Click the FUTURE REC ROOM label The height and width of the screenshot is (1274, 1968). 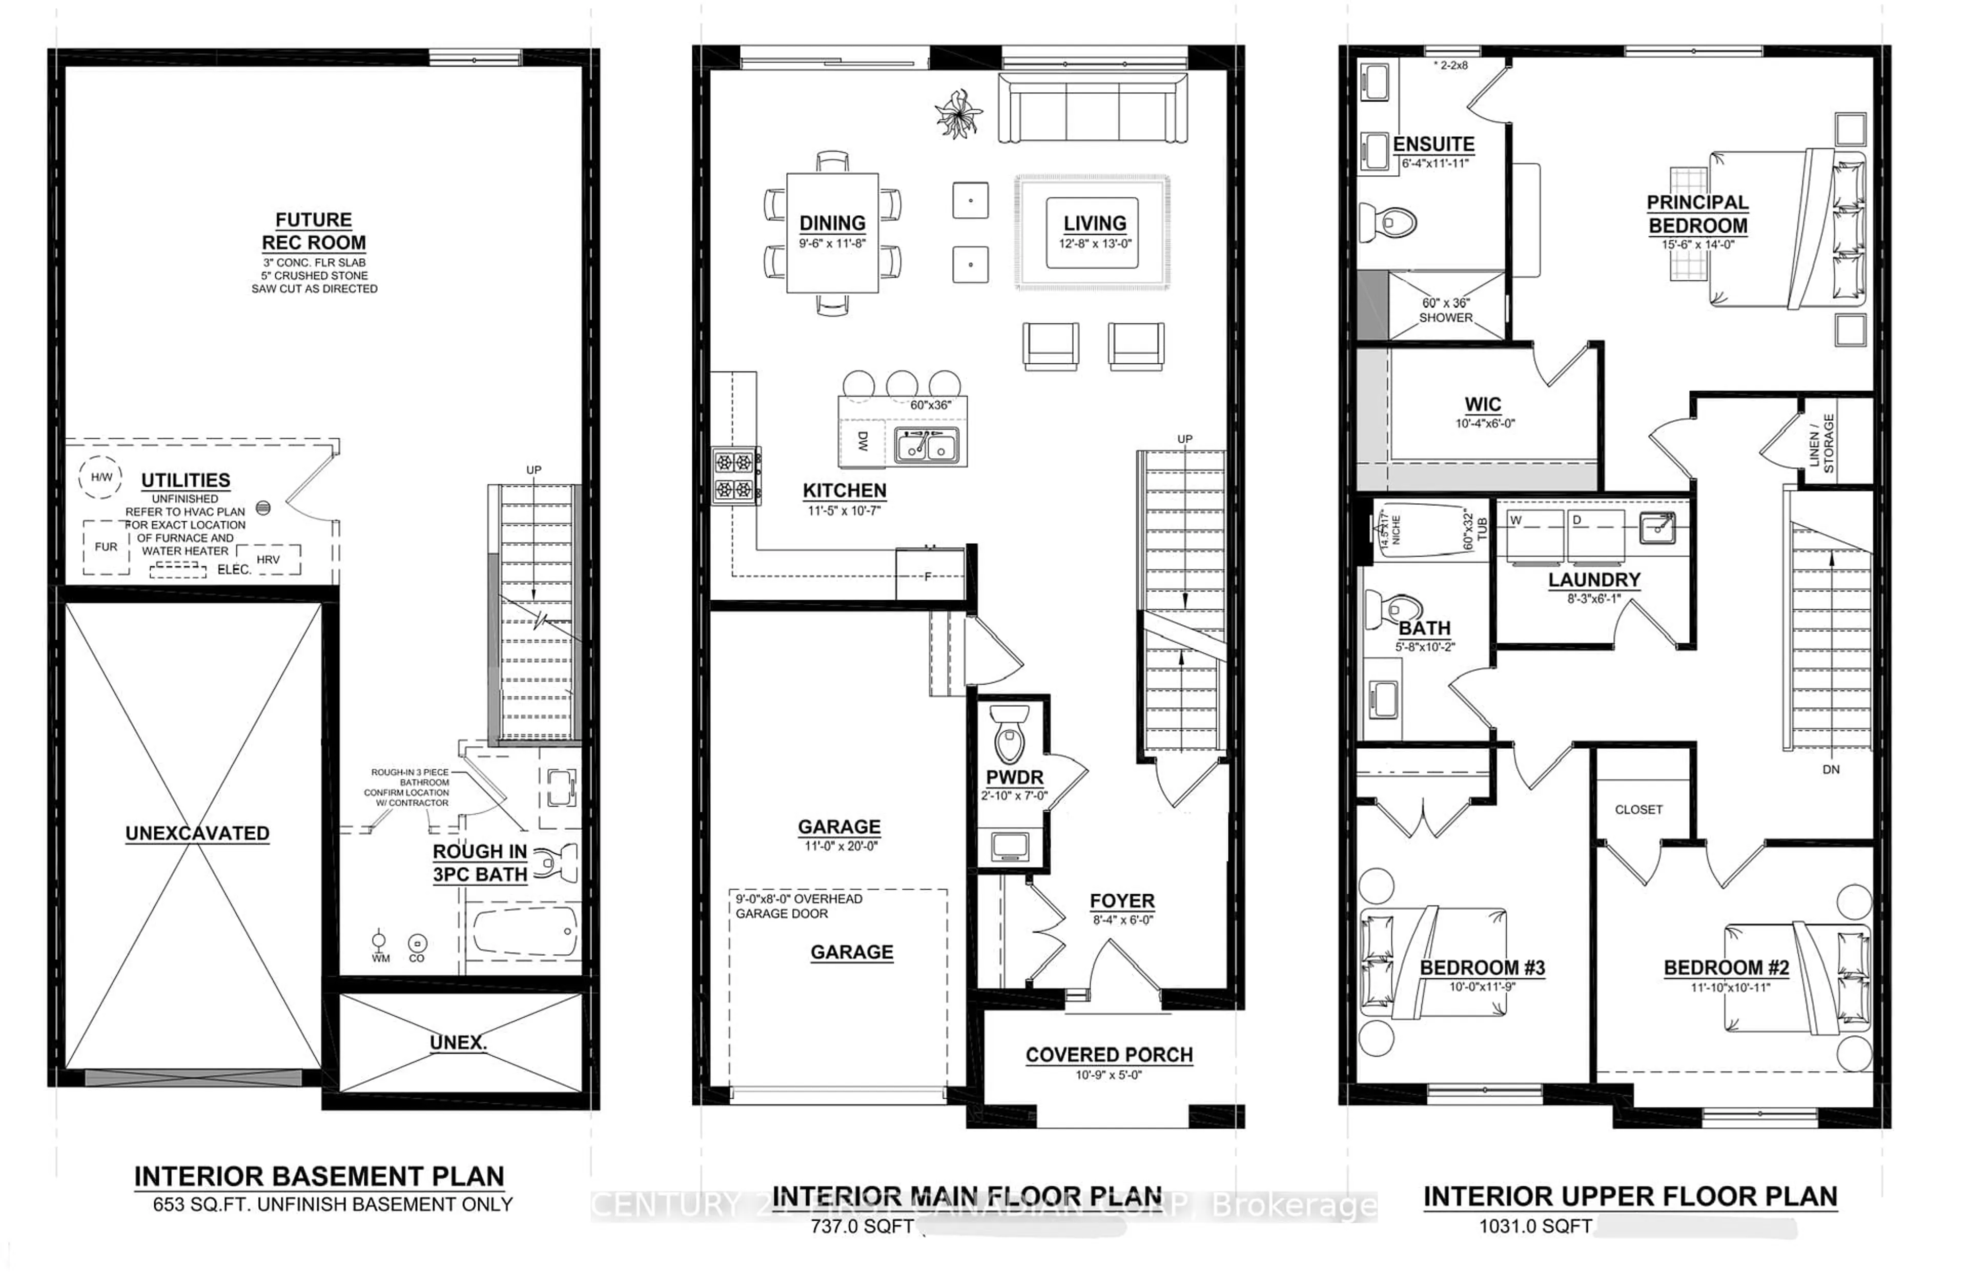click(x=313, y=232)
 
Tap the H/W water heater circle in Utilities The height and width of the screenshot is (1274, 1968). click(x=101, y=477)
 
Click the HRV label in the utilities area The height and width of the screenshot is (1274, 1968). click(x=268, y=560)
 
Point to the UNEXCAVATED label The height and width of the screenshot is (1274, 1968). click(x=197, y=833)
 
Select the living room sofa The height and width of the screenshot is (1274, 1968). click(x=1092, y=108)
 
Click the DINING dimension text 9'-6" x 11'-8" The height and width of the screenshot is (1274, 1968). click(x=832, y=244)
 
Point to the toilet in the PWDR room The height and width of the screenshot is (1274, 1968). click(x=1009, y=733)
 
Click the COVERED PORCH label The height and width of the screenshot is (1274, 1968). click(x=1109, y=1055)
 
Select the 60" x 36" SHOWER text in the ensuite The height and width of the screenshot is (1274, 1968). click(x=1445, y=310)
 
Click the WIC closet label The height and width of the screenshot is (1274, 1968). click(x=1483, y=404)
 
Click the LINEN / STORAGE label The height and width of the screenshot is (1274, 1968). click(x=1821, y=443)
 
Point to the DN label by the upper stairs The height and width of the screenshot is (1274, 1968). click(x=1831, y=769)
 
